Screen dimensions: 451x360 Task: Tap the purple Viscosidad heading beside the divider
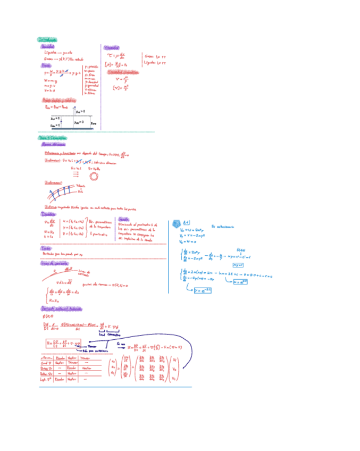pyautogui.click(x=112, y=47)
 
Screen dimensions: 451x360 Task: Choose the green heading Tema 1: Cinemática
pyautogui.click(x=52, y=137)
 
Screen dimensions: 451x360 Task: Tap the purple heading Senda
pyautogui.click(x=124, y=219)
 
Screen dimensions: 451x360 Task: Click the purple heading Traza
pyautogui.click(x=46, y=248)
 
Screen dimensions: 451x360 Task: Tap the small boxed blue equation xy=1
pyautogui.click(x=238, y=264)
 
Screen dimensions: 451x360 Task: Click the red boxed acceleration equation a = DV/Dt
pyautogui.click(x=63, y=343)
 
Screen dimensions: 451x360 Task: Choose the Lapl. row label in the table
pyautogui.click(x=46, y=379)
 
